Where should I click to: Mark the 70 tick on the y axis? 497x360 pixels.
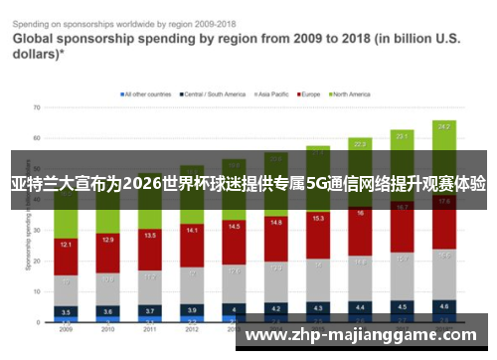point(36,106)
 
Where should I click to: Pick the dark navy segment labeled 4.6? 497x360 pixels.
point(444,307)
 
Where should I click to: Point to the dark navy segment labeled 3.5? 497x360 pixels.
point(66,312)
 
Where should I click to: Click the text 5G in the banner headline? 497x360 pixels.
point(317,184)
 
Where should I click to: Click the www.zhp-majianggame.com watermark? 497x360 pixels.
point(366,335)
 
